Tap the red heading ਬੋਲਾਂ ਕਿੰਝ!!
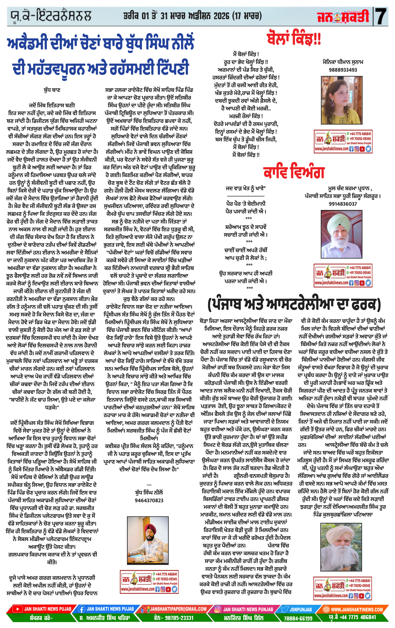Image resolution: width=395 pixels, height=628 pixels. tap(294, 39)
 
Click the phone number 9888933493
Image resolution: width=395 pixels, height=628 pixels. tap(343, 70)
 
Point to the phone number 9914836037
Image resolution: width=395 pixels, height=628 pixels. tap(343, 204)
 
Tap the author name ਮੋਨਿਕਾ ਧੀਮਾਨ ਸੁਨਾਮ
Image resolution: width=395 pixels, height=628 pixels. tap(343, 62)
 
